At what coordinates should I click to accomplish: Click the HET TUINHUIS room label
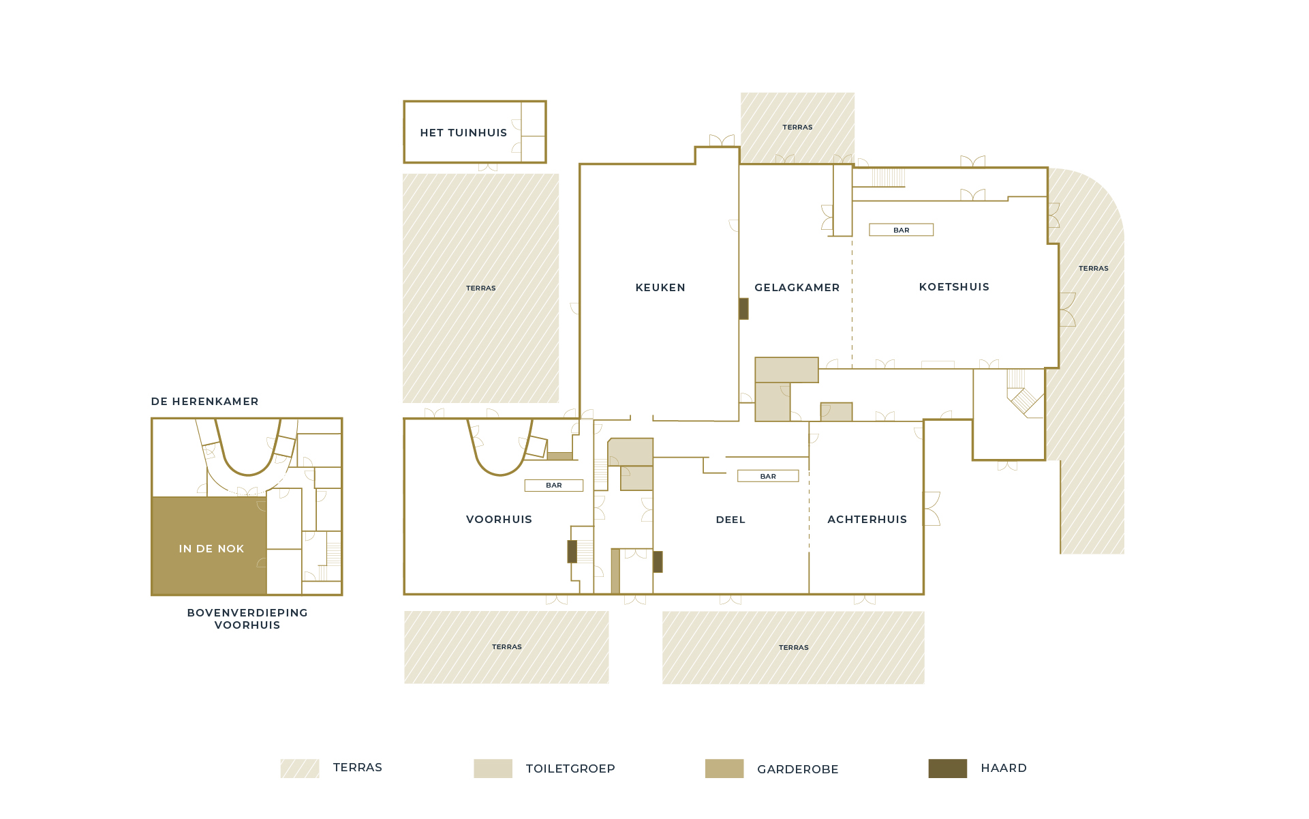coord(463,133)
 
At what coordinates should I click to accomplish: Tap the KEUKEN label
coord(660,288)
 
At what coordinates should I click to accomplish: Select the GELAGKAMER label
coord(797,288)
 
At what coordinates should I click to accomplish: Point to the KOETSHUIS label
coord(954,287)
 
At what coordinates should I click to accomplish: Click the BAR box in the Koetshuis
coord(901,230)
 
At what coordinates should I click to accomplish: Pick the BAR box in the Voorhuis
coord(553,486)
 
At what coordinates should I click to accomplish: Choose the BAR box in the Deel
coord(768,476)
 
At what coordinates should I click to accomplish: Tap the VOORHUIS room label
coord(499,520)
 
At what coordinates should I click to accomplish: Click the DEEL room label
coord(730,520)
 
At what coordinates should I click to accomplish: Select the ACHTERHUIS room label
coord(867,520)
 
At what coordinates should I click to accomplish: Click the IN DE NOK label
coord(211,549)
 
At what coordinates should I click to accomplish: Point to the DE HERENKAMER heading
coord(204,402)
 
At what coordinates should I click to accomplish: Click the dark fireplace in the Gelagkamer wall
coord(743,309)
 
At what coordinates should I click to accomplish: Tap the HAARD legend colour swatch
coord(947,769)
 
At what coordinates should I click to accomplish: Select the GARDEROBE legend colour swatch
coord(724,769)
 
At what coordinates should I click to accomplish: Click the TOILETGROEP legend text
coord(570,769)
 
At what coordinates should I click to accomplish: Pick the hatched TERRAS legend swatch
coord(300,769)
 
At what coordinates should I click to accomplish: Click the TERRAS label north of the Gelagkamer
coord(797,128)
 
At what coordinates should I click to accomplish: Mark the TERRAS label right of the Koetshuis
coord(1093,269)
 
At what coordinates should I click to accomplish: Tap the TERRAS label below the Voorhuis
coord(507,647)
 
